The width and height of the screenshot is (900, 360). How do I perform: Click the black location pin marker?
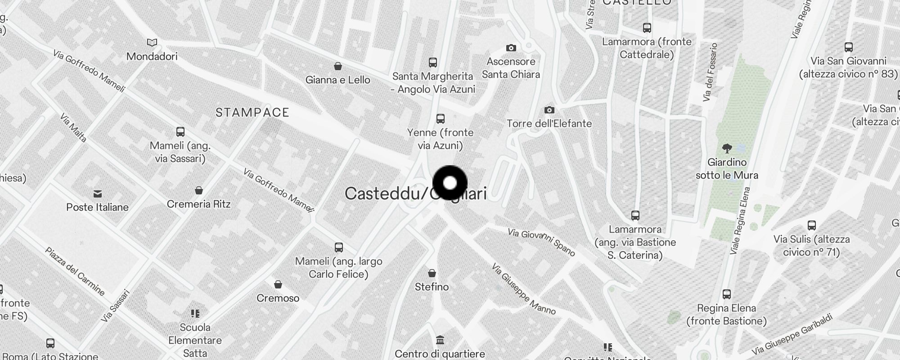[450, 183]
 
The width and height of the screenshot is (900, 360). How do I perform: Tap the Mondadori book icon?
[152, 43]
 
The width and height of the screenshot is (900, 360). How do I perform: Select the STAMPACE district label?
[252, 112]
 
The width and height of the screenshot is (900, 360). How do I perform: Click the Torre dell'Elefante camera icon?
[549, 110]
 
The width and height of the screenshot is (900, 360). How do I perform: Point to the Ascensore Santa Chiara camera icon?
[511, 48]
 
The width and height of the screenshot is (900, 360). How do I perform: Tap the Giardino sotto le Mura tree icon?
[727, 148]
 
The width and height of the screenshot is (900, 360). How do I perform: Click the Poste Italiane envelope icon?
[98, 194]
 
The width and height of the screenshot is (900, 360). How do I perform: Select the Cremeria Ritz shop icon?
[198, 190]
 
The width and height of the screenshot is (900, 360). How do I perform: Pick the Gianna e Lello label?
[337, 80]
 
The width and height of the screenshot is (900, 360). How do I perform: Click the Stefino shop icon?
[432, 273]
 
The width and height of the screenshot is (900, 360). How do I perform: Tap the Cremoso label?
[278, 298]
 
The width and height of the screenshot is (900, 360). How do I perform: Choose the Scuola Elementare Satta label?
[195, 340]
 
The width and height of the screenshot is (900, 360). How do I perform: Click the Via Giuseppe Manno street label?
[524, 289]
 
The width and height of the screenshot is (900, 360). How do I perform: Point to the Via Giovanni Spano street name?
[541, 242]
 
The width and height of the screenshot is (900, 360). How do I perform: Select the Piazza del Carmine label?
[75, 271]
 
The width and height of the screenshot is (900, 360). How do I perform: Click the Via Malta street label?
[73, 127]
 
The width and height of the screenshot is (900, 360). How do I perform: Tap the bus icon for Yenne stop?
[440, 119]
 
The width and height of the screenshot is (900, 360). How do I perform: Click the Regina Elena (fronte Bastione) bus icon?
[726, 294]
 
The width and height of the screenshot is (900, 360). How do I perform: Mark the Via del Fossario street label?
[710, 72]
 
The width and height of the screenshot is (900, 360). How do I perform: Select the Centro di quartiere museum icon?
[440, 340]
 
